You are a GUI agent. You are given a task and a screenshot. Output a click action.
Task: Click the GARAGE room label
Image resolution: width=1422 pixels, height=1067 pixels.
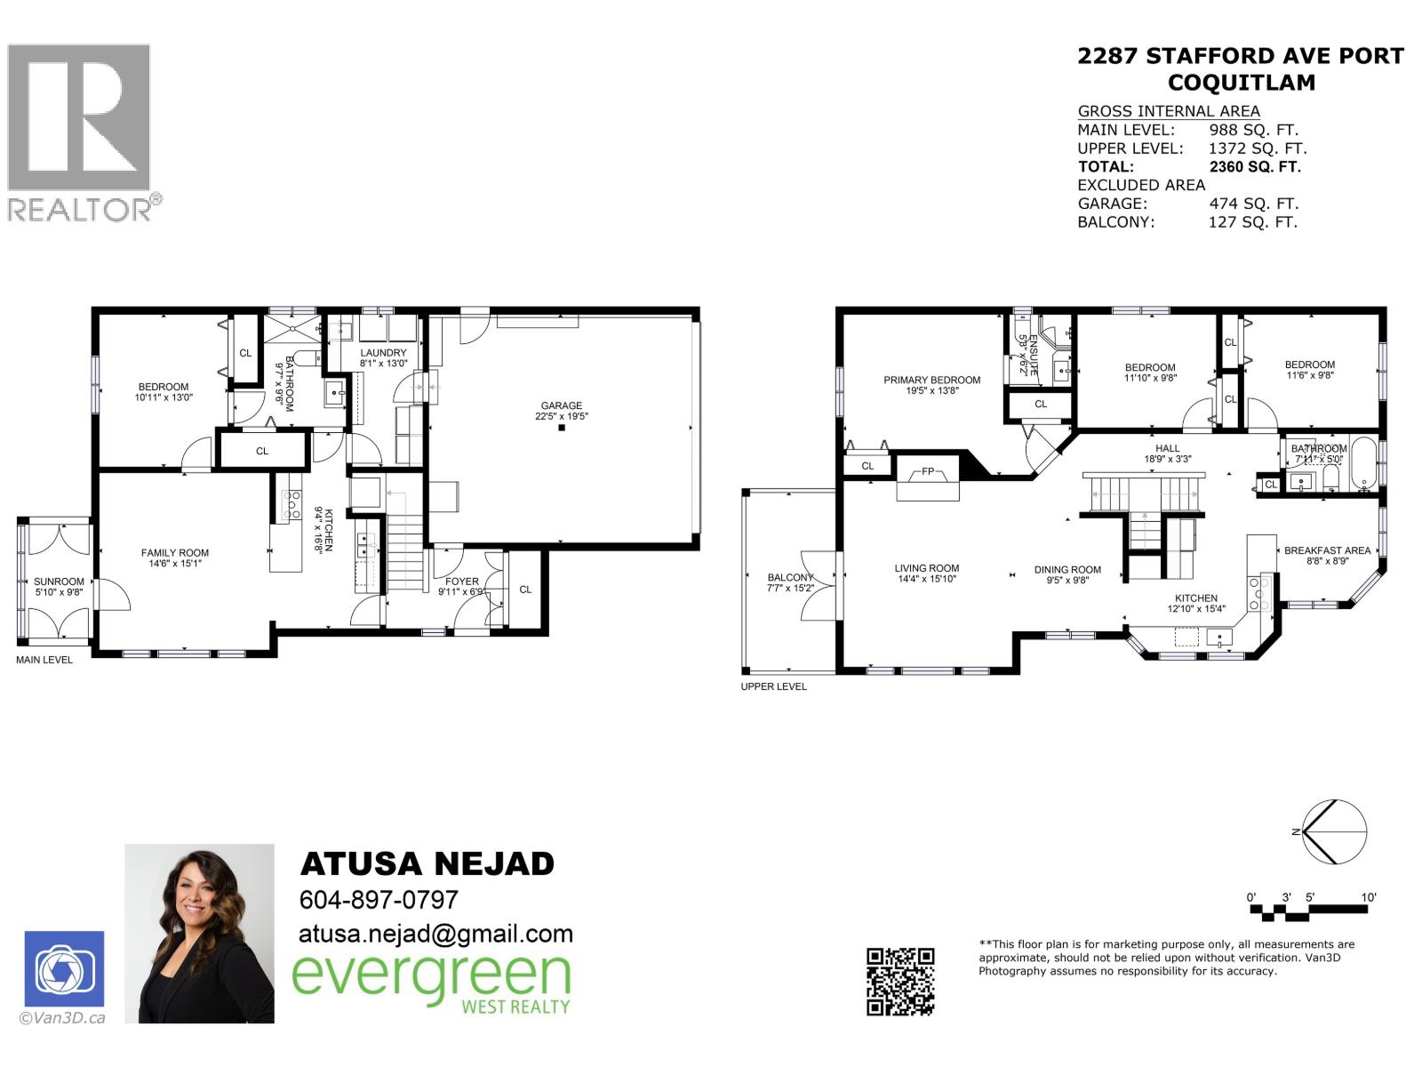[562, 405]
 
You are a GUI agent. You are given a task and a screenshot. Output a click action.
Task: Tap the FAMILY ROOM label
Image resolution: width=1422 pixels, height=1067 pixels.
[175, 553]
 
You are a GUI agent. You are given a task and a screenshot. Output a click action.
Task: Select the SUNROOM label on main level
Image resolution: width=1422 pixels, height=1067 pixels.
[59, 582]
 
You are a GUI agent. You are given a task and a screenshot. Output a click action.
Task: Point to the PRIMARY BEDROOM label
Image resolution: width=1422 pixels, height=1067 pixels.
[931, 380]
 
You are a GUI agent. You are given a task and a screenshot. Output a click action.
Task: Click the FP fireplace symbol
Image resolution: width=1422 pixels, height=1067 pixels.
[928, 472]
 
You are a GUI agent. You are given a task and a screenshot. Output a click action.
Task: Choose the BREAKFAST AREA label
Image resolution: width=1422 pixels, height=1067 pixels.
[1327, 550]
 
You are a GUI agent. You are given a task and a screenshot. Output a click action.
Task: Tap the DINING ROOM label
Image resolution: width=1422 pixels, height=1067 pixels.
[1067, 570]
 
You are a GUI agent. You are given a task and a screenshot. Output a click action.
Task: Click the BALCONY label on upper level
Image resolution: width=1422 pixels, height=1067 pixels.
[790, 578]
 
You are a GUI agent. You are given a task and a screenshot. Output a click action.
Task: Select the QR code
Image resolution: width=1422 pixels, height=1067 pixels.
[900, 982]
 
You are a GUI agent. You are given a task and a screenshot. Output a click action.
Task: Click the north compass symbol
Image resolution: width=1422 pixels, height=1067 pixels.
[1333, 832]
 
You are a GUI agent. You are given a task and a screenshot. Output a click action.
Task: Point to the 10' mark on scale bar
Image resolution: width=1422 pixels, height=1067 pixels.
[1368, 898]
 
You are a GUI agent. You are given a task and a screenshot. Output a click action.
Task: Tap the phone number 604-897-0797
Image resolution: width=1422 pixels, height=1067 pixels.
[379, 900]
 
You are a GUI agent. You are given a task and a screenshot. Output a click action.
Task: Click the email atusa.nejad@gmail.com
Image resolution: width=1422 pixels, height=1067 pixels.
[435, 934]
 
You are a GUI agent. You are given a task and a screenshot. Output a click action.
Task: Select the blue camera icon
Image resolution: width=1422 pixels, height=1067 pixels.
[64, 969]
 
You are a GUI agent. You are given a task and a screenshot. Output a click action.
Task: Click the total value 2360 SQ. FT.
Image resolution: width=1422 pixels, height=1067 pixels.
[1254, 166]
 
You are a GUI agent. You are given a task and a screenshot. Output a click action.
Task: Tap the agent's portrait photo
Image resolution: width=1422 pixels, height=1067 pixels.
[199, 934]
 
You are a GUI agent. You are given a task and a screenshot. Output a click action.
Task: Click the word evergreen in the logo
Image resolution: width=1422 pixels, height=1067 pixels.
[431, 975]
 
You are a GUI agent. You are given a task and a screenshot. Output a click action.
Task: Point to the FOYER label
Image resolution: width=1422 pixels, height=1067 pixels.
[462, 582]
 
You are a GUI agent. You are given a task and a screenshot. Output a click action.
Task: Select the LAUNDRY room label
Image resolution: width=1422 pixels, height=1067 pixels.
[383, 353]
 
